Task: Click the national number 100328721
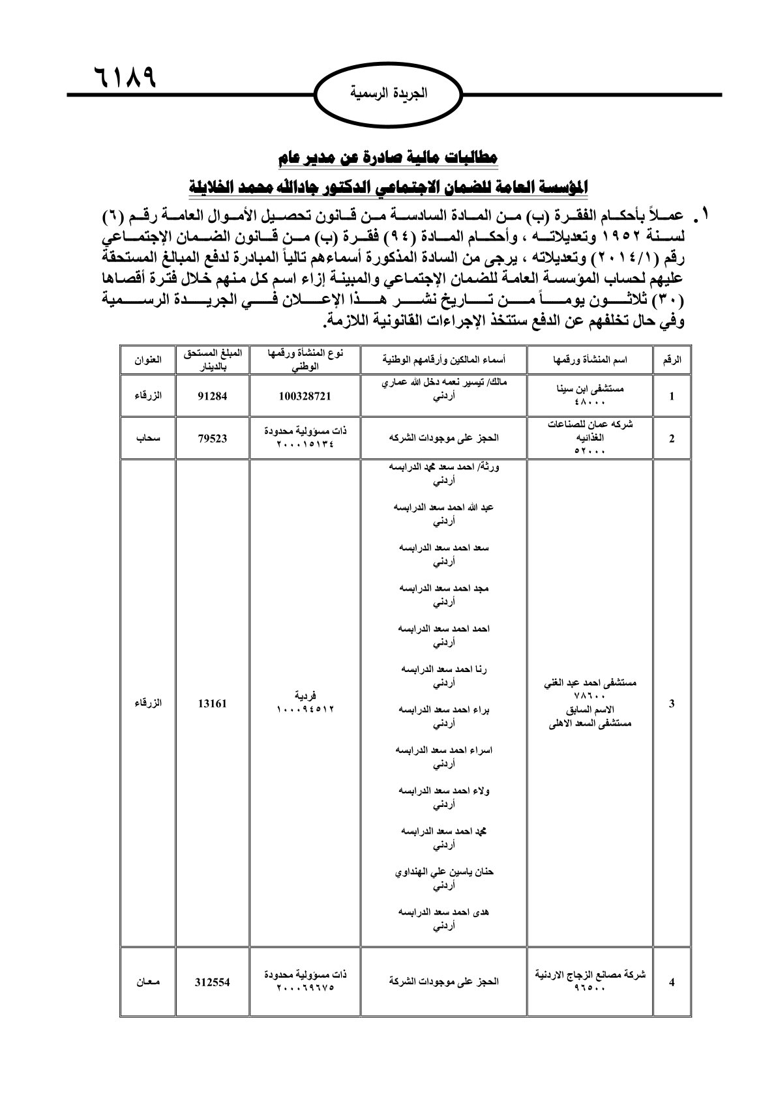pyautogui.click(x=305, y=395)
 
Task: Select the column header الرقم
pyautogui.click(x=672, y=360)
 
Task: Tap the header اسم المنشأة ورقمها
pyautogui.click(x=590, y=360)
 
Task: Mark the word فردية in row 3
pyautogui.click(x=305, y=695)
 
